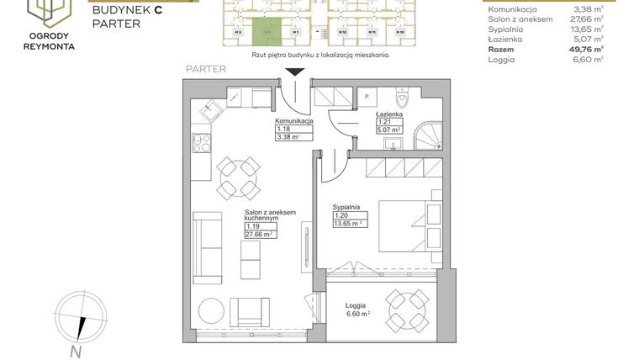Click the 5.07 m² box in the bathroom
pyautogui.click(x=388, y=130)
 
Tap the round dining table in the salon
pyautogui.click(x=233, y=177)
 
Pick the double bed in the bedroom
pyautogui.click(x=408, y=225)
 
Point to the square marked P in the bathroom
pyautogui.click(x=367, y=98)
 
